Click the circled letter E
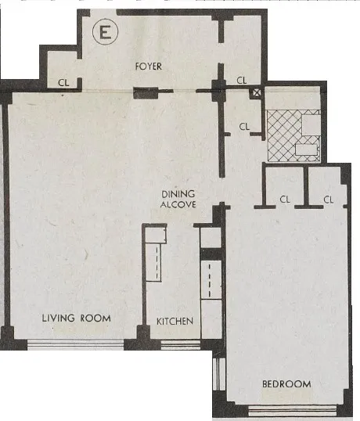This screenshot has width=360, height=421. click(102, 33)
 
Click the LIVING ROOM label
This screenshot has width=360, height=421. click(76, 318)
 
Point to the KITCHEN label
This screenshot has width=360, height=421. click(175, 322)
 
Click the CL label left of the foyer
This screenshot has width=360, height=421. click(63, 81)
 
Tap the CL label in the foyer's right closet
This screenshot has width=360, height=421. click(242, 80)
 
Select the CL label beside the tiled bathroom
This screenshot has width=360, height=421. click(244, 126)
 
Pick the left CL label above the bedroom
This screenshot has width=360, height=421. click(285, 200)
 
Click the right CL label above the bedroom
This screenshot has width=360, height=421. click(329, 200)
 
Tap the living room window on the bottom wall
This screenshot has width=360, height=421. click(76, 344)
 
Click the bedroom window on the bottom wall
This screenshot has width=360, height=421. click(292, 410)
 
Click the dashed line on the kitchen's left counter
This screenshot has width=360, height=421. click(156, 262)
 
